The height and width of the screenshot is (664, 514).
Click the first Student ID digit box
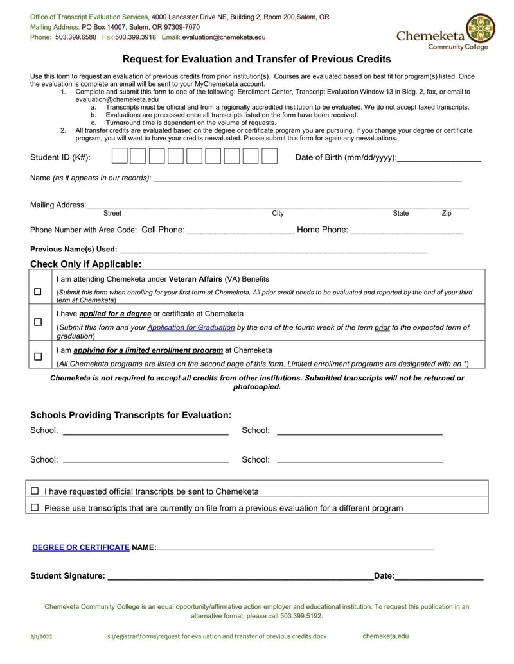click(x=120, y=156)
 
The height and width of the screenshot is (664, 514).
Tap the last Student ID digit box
click(x=270, y=156)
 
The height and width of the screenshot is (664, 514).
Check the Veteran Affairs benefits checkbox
click(x=38, y=292)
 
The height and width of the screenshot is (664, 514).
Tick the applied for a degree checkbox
click(x=38, y=321)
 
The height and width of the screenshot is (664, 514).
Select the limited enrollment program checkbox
click(x=38, y=356)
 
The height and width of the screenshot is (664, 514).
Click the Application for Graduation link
click(x=191, y=327)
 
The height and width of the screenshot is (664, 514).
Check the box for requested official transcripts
click(x=35, y=491)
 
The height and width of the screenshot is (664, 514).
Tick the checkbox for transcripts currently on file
click(x=35, y=507)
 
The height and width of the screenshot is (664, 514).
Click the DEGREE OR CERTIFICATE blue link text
click(x=81, y=547)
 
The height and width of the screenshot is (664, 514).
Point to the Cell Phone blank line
click(x=240, y=231)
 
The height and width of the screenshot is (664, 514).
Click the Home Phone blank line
click(x=406, y=231)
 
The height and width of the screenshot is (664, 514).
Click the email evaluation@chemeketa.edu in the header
click(x=224, y=37)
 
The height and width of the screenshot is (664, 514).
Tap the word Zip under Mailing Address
click(x=447, y=213)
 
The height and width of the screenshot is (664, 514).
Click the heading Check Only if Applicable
click(x=85, y=264)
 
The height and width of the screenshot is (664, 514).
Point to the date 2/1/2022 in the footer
click(x=42, y=636)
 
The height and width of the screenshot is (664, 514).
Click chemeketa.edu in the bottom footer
click(x=385, y=636)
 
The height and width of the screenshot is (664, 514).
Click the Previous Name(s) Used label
click(x=73, y=249)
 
